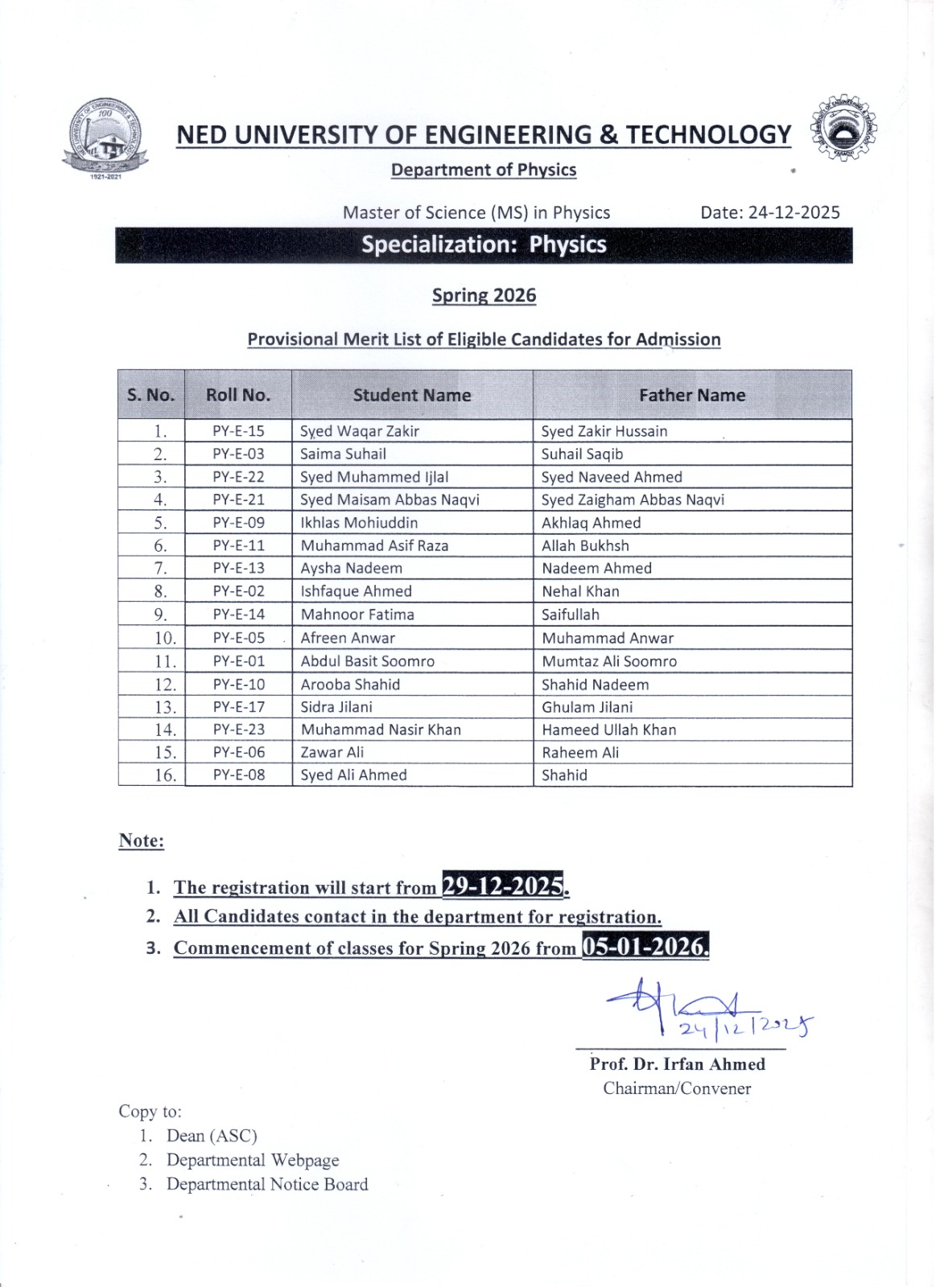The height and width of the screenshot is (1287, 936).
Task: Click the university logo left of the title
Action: tap(105, 137)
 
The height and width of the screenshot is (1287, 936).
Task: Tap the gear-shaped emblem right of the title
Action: tap(844, 129)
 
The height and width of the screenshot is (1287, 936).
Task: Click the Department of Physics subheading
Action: tap(484, 170)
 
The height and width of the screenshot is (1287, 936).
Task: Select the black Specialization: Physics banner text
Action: tap(484, 245)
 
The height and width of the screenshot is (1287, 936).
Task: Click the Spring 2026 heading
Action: tap(484, 295)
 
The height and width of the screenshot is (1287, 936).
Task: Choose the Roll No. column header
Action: tap(238, 395)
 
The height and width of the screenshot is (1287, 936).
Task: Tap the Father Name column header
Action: tap(692, 395)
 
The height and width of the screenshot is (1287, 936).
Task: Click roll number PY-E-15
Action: tap(238, 431)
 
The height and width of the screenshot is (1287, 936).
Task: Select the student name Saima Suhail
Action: tap(343, 454)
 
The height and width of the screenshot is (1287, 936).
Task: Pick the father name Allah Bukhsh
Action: tap(585, 545)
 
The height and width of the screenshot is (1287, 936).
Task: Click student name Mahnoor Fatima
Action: tap(357, 615)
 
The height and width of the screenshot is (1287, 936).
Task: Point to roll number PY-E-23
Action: tap(238, 730)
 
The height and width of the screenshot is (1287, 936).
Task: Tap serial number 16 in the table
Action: tap(164, 775)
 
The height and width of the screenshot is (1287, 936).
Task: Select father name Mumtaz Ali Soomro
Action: tap(609, 661)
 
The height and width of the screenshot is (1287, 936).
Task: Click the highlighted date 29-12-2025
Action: tap(503, 886)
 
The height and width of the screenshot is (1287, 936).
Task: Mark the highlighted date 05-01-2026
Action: tap(645, 947)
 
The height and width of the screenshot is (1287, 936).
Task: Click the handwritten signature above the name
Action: tap(700, 1009)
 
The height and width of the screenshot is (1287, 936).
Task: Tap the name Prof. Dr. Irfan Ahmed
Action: tap(677, 1064)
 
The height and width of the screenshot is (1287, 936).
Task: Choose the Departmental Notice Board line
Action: tap(267, 1184)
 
